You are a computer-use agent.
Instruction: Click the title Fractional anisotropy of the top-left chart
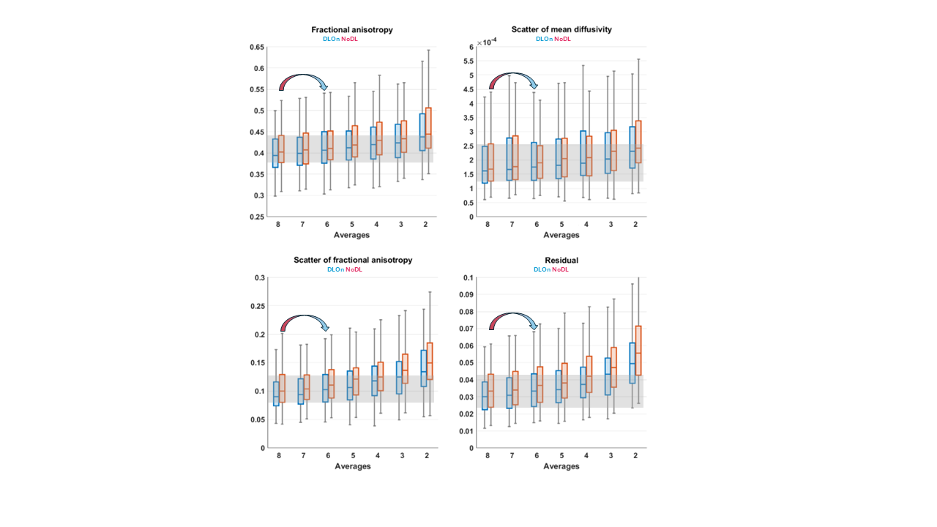pyautogui.click(x=352, y=30)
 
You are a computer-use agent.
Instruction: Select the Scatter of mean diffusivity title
pyautogui.click(x=561, y=29)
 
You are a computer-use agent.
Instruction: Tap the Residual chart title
pyautogui.click(x=561, y=260)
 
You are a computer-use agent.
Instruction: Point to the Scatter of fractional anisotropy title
pyautogui.click(x=352, y=260)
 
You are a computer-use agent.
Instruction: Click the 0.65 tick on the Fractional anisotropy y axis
pyautogui.click(x=256, y=47)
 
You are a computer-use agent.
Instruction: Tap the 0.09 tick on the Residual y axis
pyautogui.click(x=466, y=295)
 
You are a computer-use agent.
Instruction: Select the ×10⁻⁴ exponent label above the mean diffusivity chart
pyautogui.click(x=487, y=42)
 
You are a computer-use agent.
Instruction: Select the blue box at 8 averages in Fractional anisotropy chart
pyautogui.click(x=275, y=153)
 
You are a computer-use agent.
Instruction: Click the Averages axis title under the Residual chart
pyautogui.click(x=561, y=466)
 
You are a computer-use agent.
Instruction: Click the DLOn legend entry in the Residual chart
pyautogui.click(x=542, y=269)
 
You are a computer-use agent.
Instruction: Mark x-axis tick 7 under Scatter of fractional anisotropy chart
pyautogui.click(x=303, y=456)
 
